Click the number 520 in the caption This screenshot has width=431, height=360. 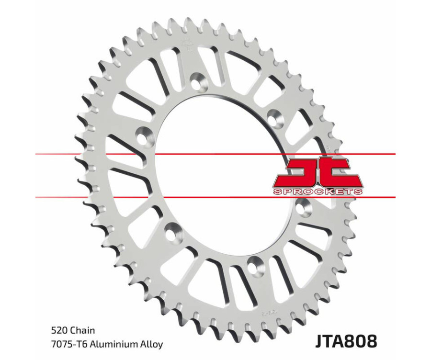pyautogui.click(x=58, y=330)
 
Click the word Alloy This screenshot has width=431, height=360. pyautogui.click(x=151, y=344)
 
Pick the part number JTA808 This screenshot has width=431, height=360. pyautogui.click(x=346, y=341)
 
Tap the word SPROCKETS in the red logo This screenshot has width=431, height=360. pyautogui.click(x=317, y=191)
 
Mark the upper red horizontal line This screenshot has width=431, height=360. pyautogui.click(x=144, y=154)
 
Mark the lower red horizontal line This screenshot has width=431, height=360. pyautogui.click(x=144, y=197)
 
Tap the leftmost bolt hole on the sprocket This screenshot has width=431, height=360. pyautogui.click(x=143, y=135)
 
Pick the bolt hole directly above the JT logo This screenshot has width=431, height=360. pyautogui.click(x=274, y=115)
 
